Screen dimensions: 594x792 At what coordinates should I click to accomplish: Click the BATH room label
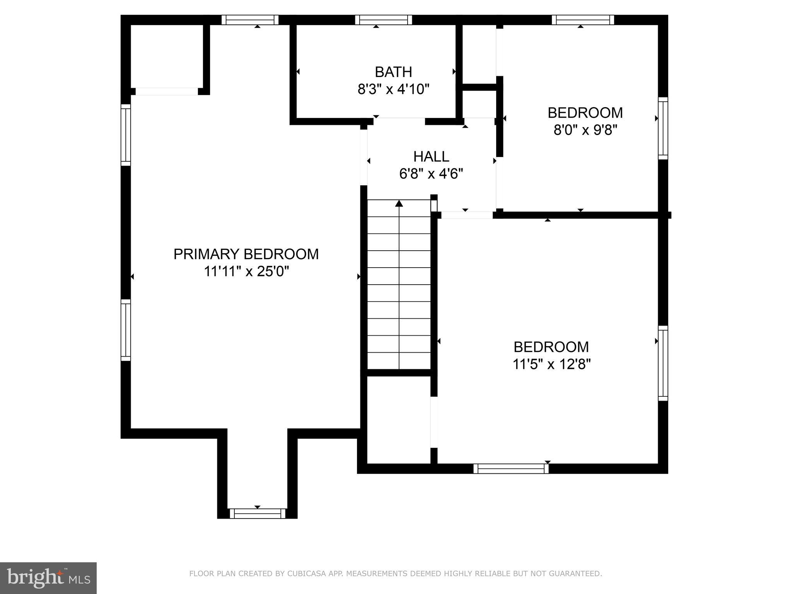(x=393, y=72)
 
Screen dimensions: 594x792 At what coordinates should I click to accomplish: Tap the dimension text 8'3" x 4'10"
(x=393, y=89)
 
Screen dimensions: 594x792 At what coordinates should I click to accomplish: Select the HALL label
(x=431, y=157)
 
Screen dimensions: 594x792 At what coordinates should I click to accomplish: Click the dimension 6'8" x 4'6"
(x=431, y=174)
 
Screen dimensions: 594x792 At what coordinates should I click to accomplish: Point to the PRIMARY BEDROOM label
(x=246, y=254)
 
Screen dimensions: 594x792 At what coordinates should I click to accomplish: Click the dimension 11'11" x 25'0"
(x=246, y=271)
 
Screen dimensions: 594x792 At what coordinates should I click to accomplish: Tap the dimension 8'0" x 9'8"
(x=585, y=130)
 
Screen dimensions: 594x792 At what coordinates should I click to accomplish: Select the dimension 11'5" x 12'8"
(x=551, y=364)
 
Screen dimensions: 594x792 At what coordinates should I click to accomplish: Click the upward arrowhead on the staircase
(x=399, y=203)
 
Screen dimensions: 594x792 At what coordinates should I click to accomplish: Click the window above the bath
(x=383, y=20)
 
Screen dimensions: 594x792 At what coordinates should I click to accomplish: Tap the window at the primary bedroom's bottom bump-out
(x=257, y=513)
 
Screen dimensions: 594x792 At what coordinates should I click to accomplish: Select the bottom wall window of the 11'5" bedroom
(x=511, y=468)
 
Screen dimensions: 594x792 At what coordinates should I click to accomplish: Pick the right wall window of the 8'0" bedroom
(x=663, y=128)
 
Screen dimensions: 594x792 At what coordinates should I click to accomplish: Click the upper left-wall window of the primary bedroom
(x=126, y=135)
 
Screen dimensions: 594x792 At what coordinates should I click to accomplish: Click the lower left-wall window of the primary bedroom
(x=126, y=330)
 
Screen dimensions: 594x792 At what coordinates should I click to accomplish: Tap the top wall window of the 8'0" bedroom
(x=582, y=20)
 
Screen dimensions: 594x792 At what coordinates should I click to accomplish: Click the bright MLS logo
(x=48, y=578)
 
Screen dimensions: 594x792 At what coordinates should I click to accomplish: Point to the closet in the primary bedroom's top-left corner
(x=167, y=56)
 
